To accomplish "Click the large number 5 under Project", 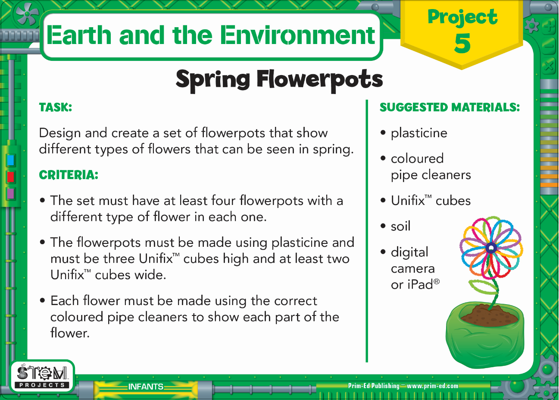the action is click(x=462, y=43).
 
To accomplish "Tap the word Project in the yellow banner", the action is click(x=462, y=17).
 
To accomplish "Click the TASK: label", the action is click(x=56, y=107).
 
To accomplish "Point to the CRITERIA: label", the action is click(x=69, y=175).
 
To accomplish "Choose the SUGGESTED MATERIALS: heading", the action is click(x=450, y=107).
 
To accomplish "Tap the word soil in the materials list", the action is click(x=400, y=226).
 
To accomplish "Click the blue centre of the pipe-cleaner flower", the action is click(x=491, y=248).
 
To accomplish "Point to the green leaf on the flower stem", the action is click(x=483, y=287).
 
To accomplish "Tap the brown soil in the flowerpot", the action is click(x=489, y=316).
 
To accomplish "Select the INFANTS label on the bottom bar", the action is click(x=146, y=387).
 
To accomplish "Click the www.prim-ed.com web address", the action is click(x=432, y=386).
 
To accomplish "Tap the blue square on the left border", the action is click(x=10, y=161).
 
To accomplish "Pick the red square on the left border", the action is click(x=10, y=177).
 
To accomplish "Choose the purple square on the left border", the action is click(x=10, y=194).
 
